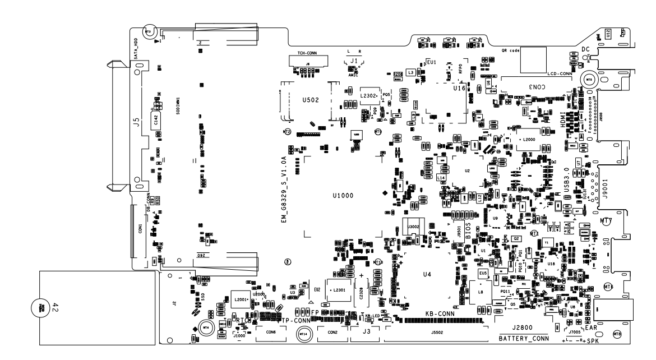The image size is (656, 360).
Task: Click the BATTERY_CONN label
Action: point(524,339)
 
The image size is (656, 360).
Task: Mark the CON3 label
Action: point(535,87)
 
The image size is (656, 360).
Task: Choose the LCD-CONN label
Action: point(558,73)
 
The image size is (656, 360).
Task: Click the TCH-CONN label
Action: point(303,52)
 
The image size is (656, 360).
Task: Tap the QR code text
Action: point(510,50)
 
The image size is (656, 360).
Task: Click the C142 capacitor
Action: point(156,119)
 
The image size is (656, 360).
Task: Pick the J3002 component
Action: point(414,227)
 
